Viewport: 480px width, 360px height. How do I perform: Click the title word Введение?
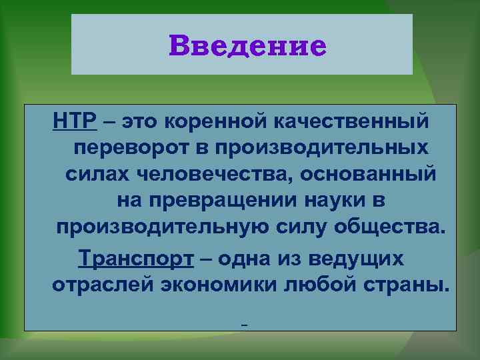[248, 46]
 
